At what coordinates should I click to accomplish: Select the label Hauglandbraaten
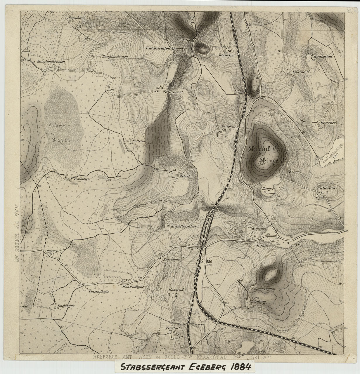49,62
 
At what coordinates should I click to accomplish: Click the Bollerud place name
135,140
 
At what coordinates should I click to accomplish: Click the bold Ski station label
209,261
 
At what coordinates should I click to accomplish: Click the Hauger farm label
268,189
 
